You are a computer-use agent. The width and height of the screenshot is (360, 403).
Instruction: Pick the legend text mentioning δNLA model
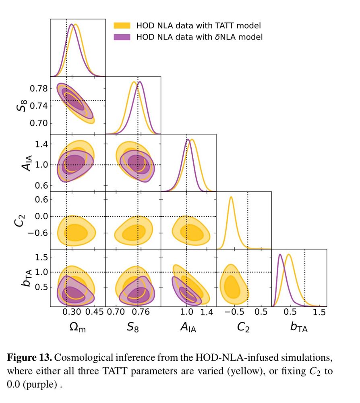199,37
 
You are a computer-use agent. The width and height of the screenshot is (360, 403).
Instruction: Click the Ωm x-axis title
78,328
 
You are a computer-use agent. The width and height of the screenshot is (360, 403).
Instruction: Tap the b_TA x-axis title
299,327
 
